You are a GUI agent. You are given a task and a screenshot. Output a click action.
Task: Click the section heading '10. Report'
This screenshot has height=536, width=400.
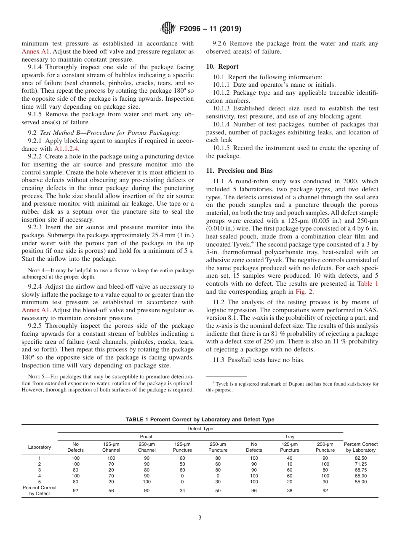coord(222,67)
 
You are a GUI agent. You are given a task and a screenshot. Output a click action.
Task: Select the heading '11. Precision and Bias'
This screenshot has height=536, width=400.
coord(239,171)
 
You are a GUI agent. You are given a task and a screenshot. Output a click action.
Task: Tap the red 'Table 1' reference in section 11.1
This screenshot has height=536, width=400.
coord(368,284)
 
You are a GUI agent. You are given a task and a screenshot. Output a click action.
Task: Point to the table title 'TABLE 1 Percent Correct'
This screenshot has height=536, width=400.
coord(200,419)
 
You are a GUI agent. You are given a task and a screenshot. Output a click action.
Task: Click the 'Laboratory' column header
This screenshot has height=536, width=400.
coord(40,447)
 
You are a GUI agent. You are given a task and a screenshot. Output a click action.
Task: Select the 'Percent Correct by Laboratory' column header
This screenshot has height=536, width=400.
coord(360,447)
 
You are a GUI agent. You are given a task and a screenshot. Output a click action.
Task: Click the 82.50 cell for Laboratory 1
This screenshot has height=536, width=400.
coord(360,458)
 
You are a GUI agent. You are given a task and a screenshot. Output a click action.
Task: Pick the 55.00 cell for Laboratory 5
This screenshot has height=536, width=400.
coord(360,482)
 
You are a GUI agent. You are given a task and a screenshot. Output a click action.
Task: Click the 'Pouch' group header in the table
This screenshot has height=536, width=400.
coord(147,437)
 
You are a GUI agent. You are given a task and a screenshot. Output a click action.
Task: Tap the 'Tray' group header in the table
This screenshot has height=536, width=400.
coord(290,437)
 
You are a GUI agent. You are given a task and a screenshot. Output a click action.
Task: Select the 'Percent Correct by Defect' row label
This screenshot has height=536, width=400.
coord(40,490)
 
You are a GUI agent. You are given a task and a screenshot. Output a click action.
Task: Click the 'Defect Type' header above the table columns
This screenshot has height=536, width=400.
coord(200,429)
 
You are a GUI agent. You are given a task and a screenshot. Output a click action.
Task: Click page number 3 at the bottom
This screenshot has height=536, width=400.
coord(200,518)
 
